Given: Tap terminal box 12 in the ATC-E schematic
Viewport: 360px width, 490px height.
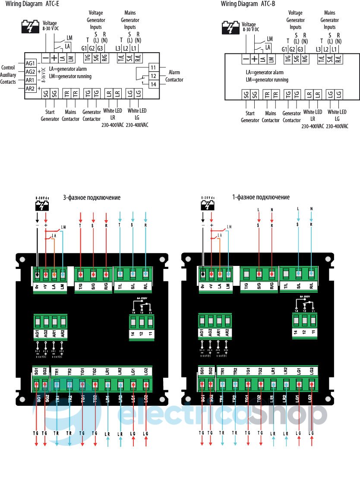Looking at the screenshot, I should (153, 76).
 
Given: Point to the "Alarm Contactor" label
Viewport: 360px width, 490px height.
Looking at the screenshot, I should (174, 76).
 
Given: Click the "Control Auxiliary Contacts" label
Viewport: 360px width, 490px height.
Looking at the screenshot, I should (9, 75).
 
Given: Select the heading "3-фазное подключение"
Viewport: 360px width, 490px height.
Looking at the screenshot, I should (92, 198).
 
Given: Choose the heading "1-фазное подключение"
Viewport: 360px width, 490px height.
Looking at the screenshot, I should (261, 197).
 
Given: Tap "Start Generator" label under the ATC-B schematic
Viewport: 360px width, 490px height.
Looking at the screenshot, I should (250, 117).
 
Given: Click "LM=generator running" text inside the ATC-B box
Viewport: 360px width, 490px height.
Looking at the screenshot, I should (267, 80).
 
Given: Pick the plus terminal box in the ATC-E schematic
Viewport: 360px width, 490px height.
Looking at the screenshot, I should (54, 58).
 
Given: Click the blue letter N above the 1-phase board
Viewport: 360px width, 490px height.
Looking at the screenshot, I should (311, 209).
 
